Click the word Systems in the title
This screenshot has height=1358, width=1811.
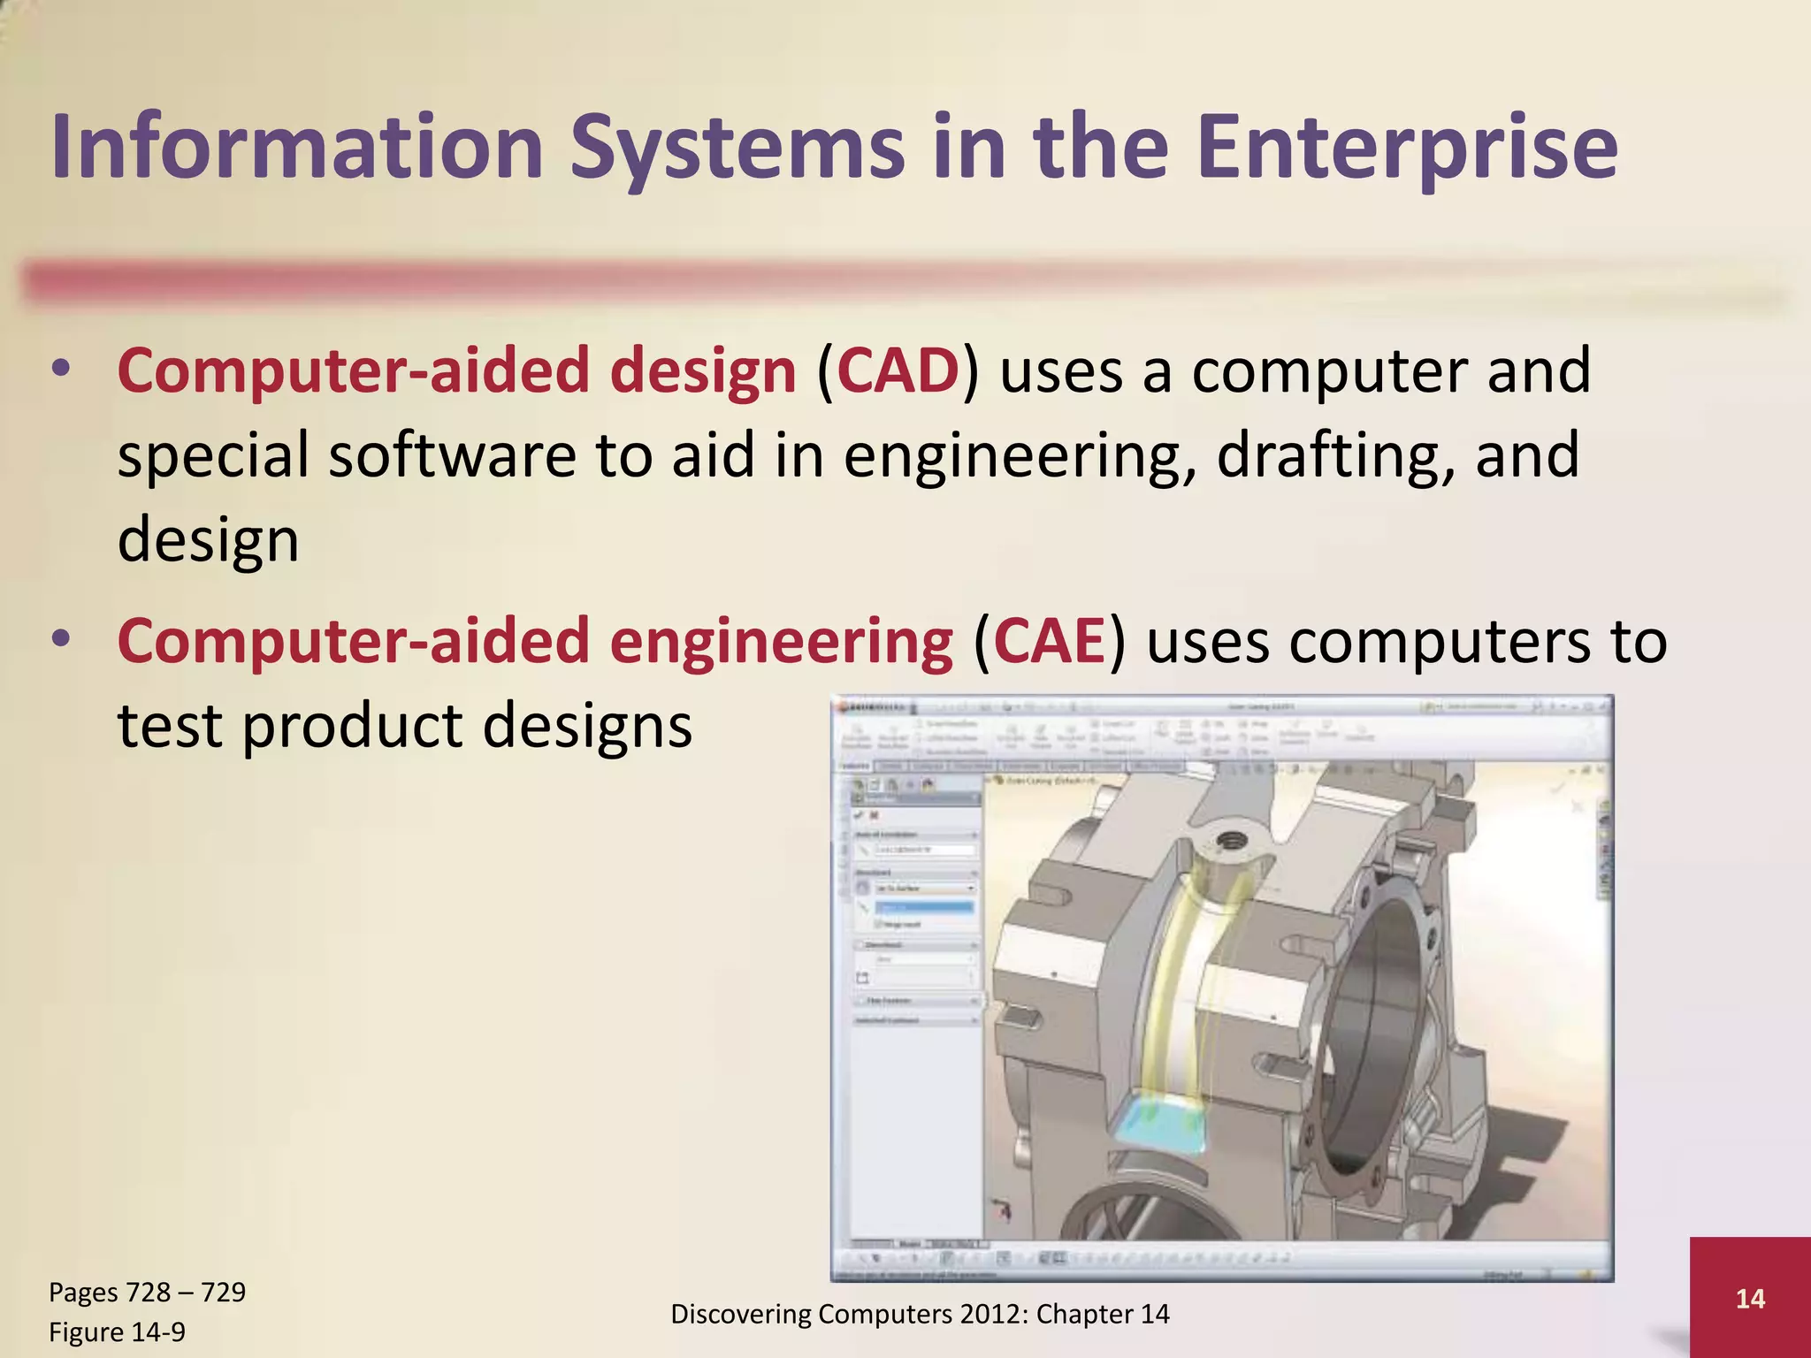coord(737,149)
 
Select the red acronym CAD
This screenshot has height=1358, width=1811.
coord(898,371)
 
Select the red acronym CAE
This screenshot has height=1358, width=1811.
coord(1050,641)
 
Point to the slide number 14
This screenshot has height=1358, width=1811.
coord(1750,1299)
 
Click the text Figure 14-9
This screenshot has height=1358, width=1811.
coord(117,1332)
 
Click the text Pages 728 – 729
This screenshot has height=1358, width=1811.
coord(147,1293)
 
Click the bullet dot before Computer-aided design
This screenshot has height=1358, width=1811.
coord(60,370)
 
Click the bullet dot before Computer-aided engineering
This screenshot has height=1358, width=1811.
coord(60,638)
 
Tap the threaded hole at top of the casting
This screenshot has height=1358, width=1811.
coord(1229,840)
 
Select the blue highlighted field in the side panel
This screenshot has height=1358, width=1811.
coord(924,907)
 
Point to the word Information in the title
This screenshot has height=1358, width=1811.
coord(297,149)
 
